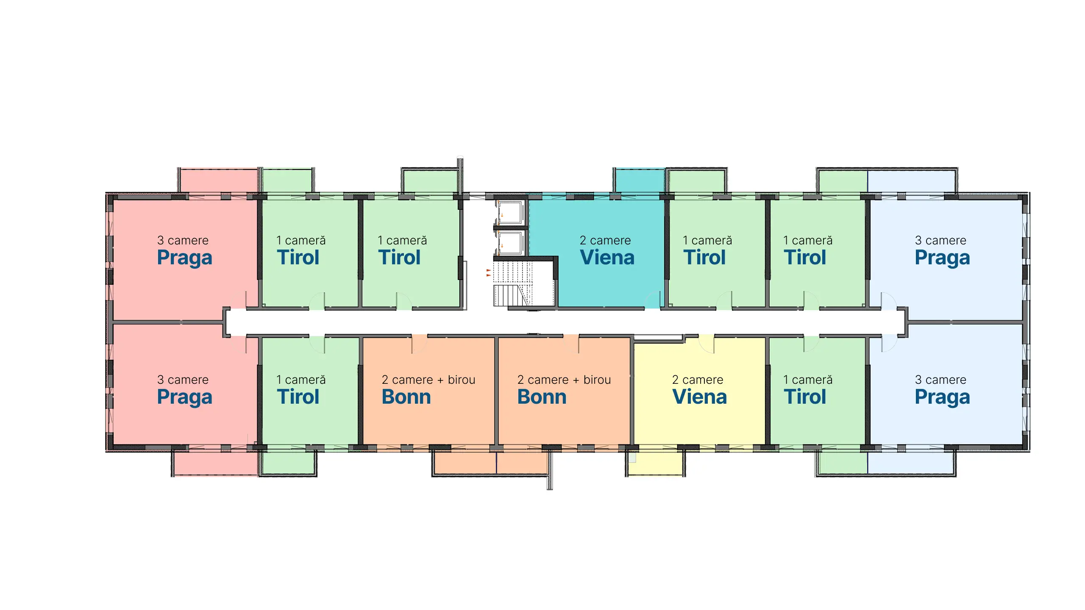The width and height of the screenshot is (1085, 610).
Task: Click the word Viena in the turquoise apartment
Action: point(607,258)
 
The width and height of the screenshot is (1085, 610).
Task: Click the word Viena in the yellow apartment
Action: point(699,397)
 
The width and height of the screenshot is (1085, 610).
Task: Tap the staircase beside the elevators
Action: point(512,283)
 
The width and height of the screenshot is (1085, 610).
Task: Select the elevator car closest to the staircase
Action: point(511,243)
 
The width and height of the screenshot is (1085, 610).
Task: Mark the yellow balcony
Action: point(655,463)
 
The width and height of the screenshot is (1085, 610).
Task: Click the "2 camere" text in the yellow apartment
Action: point(698,380)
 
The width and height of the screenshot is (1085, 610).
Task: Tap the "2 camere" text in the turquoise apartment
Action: point(605,240)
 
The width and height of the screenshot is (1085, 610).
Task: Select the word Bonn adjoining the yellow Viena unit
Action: point(542,397)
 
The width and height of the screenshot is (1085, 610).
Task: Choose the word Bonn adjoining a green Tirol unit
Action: point(406,397)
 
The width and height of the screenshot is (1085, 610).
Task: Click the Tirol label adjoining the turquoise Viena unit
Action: point(704,258)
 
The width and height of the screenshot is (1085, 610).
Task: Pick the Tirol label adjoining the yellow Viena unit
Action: point(805,397)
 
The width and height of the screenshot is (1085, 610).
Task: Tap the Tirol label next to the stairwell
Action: point(399,258)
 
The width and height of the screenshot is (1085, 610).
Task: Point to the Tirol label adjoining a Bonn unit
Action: point(298,397)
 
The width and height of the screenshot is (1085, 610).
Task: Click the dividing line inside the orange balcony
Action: point(496,463)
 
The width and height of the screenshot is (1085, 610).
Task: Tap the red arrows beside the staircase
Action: point(489,272)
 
